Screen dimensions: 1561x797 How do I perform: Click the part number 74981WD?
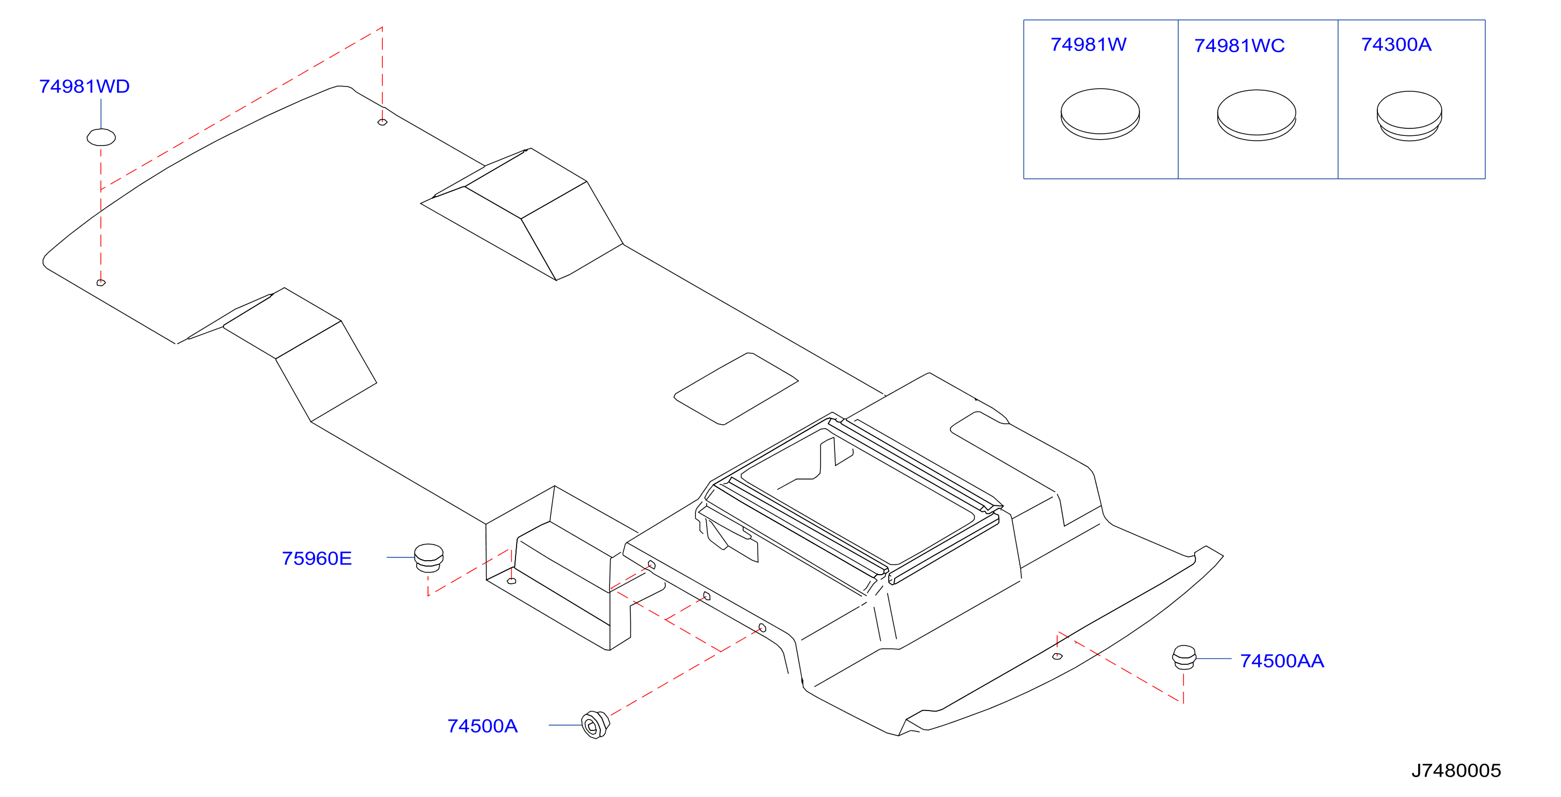pos(84,86)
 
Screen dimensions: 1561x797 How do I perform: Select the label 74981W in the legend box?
pos(1088,45)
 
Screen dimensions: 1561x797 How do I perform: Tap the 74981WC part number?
pos(1239,46)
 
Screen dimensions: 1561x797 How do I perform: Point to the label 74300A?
pos(1396,45)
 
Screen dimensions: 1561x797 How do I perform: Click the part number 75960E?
pos(317,558)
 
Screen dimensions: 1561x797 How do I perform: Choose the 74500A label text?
pos(482,726)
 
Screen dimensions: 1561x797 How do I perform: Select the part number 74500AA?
pos(1282,661)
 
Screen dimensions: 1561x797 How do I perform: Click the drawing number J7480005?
pos(1456,770)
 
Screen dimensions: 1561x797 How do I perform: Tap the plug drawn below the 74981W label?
pos(1100,114)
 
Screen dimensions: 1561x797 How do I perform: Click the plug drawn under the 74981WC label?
pos(1256,115)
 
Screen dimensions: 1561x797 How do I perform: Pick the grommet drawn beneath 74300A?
pos(1409,116)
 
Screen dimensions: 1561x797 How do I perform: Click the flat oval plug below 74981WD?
pos(101,137)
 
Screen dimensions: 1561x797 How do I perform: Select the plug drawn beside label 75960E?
pos(429,558)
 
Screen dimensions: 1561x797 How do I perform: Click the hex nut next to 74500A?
pos(595,725)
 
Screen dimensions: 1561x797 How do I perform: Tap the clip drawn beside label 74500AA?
pos(1184,657)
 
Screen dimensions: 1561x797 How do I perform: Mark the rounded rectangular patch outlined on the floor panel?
pos(736,388)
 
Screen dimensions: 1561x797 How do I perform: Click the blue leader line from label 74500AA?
pos(1214,658)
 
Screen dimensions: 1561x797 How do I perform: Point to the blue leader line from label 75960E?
pos(401,557)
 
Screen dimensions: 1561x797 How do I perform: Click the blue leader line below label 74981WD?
pos(100,113)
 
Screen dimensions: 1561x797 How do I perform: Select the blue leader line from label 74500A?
pos(565,725)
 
